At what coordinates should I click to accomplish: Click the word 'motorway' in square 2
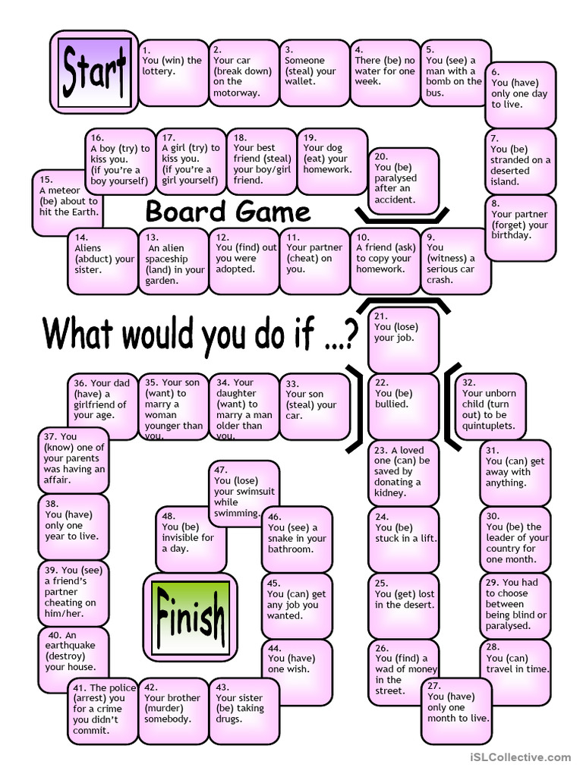(x=236, y=93)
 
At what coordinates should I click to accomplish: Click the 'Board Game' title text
(x=228, y=211)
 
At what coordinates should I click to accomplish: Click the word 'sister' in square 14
(x=88, y=269)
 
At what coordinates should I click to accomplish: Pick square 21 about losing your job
(x=403, y=338)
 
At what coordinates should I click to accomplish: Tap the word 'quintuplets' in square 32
(x=488, y=426)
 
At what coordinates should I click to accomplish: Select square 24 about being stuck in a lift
(x=403, y=537)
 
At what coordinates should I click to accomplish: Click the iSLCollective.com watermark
(x=520, y=757)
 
